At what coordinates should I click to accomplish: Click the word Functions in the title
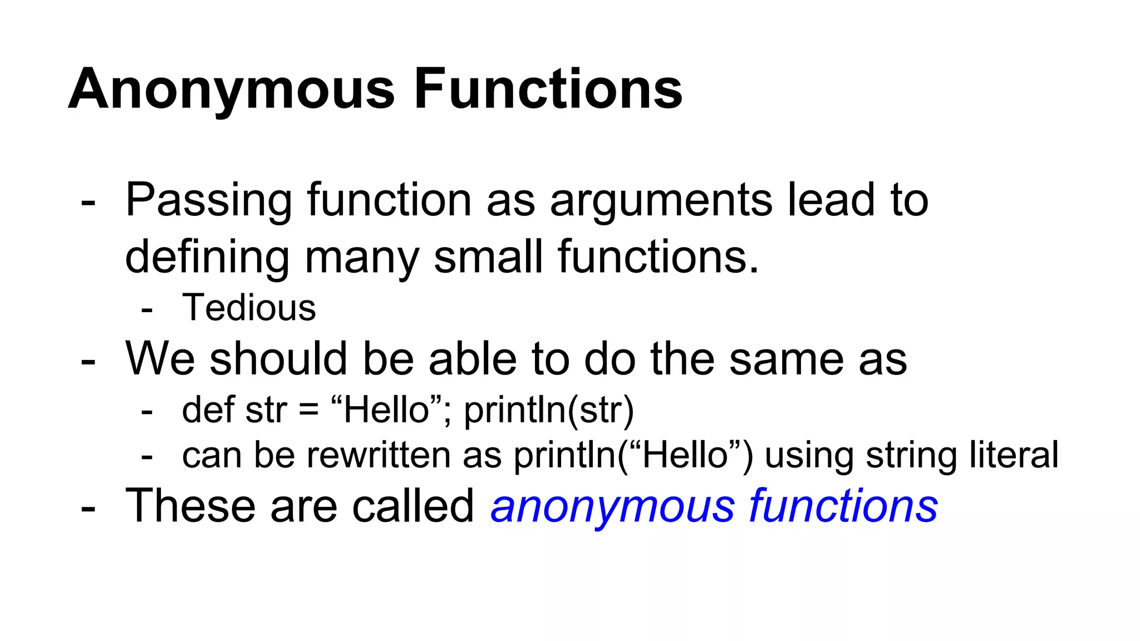coord(548,89)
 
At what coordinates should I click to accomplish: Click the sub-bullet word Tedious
coord(249,308)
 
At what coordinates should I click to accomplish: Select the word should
coord(284,359)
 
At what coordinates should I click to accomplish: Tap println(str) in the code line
coord(549,410)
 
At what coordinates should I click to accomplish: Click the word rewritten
coord(379,455)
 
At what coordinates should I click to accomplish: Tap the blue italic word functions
coord(843,505)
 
